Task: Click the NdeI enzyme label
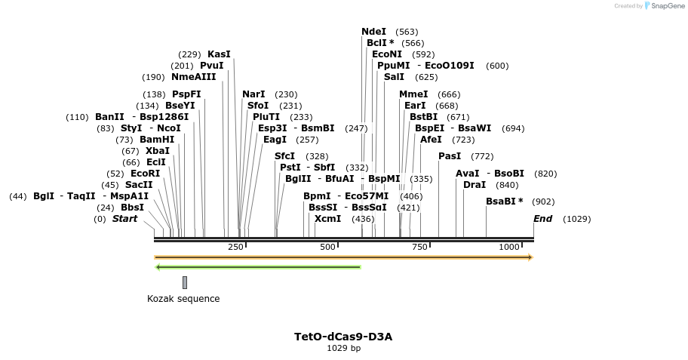(x=373, y=32)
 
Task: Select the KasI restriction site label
(x=219, y=54)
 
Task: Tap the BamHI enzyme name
(x=157, y=140)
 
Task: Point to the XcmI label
(x=327, y=219)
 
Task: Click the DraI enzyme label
(x=475, y=185)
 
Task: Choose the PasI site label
(x=450, y=156)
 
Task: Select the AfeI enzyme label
(x=432, y=140)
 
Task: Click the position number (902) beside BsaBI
(x=543, y=202)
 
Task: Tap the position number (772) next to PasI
(x=482, y=156)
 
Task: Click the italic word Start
(x=125, y=219)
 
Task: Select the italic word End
(x=542, y=219)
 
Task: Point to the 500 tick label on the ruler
(x=327, y=247)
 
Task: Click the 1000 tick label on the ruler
(x=509, y=247)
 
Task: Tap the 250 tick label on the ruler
(x=235, y=247)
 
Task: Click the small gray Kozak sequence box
(x=185, y=282)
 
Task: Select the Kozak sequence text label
(x=183, y=299)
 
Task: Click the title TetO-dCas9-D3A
(x=343, y=337)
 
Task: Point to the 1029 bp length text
(x=343, y=349)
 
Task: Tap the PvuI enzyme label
(x=211, y=66)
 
